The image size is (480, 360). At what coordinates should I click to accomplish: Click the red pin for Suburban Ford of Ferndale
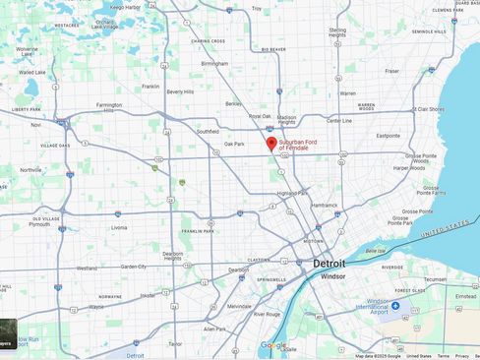(x=271, y=144)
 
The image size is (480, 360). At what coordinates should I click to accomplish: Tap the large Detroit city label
(x=329, y=264)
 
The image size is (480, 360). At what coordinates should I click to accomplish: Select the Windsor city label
(x=332, y=276)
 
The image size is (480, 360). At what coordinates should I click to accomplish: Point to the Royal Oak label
(x=260, y=116)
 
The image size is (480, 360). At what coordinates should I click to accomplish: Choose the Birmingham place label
(x=213, y=64)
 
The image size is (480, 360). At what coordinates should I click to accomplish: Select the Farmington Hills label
(x=108, y=107)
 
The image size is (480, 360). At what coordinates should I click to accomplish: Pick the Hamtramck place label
(x=324, y=205)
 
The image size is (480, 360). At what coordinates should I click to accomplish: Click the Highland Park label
(x=292, y=193)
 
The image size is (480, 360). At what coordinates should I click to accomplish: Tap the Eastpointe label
(x=389, y=136)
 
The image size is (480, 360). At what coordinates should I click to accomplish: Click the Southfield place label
(x=207, y=131)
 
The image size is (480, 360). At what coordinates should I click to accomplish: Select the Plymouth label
(x=39, y=223)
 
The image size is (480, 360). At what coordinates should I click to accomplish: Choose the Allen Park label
(x=214, y=329)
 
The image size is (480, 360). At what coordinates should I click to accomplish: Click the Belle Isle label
(x=375, y=251)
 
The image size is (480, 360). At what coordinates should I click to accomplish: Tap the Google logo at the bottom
(x=272, y=345)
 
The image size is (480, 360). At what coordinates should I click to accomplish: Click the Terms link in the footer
(x=443, y=356)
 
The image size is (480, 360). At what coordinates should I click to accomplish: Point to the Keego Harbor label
(x=125, y=7)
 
